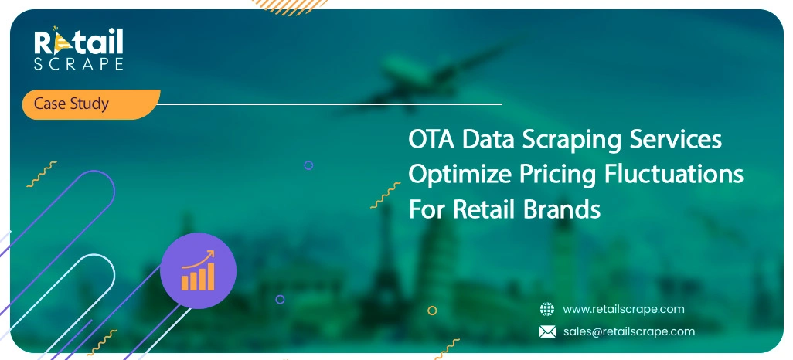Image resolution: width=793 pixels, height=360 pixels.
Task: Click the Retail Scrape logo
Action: pyautogui.click(x=79, y=49)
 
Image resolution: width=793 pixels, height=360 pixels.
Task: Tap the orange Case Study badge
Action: pyautogui.click(x=91, y=104)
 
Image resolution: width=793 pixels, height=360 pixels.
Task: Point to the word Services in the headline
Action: pyautogui.click(x=676, y=140)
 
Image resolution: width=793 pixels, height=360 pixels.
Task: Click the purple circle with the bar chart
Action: pyautogui.click(x=198, y=271)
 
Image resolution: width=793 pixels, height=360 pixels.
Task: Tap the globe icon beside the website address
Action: pyautogui.click(x=547, y=309)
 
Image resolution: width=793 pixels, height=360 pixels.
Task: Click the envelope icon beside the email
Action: pyautogui.click(x=548, y=331)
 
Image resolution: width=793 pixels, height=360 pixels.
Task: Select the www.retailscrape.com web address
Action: pyautogui.click(x=624, y=309)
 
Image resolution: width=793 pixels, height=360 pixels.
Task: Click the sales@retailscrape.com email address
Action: pyautogui.click(x=629, y=331)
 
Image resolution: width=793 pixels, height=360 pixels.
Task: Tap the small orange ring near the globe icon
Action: pyautogui.click(x=432, y=311)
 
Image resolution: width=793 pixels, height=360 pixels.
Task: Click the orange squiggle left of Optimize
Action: pyautogui.click(x=386, y=195)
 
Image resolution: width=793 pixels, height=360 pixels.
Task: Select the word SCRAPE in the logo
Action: pyautogui.click(x=79, y=64)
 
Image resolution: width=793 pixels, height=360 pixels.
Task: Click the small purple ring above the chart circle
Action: pyautogui.click(x=308, y=165)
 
